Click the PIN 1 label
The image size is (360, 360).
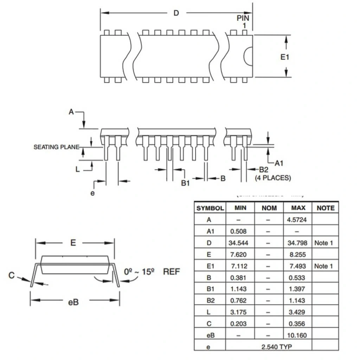243,21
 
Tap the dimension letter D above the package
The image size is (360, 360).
176,13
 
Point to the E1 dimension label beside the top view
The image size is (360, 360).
284,57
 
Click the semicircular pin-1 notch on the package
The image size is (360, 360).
249,56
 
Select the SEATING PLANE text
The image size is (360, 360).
56,147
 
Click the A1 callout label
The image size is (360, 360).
278,163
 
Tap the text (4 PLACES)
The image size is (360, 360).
273,178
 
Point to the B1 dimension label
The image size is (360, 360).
185,183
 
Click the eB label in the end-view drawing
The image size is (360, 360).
73,302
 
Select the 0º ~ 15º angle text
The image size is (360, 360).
140,271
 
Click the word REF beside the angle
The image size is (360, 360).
172,271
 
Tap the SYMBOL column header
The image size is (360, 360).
210,208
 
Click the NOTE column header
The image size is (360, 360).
326,208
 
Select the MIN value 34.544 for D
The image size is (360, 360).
238,243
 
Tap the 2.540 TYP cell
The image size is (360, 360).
277,347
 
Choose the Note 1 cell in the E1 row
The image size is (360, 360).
323,266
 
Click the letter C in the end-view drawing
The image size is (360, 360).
12,275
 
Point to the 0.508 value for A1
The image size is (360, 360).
238,231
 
